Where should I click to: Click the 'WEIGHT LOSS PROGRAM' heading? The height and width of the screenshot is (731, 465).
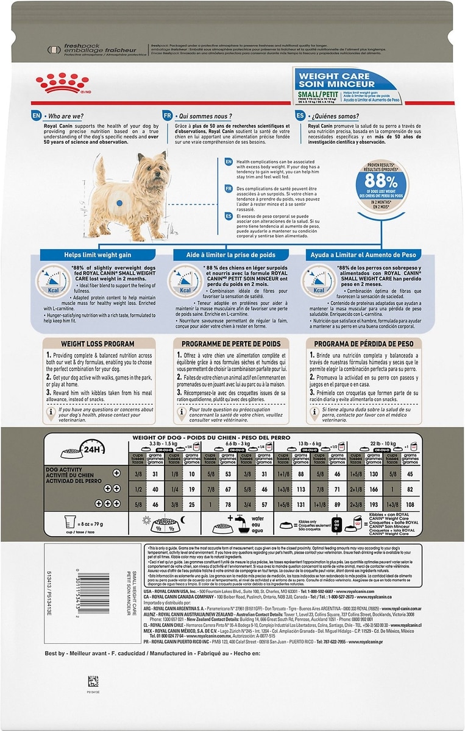[x=90, y=344]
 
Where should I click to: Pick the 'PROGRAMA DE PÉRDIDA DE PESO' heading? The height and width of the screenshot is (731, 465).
[x=364, y=344]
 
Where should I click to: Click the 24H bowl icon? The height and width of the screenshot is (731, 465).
[x=79, y=451]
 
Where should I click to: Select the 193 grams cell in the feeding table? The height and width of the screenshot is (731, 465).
[x=374, y=504]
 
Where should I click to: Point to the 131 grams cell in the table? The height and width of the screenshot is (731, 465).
[x=300, y=504]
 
